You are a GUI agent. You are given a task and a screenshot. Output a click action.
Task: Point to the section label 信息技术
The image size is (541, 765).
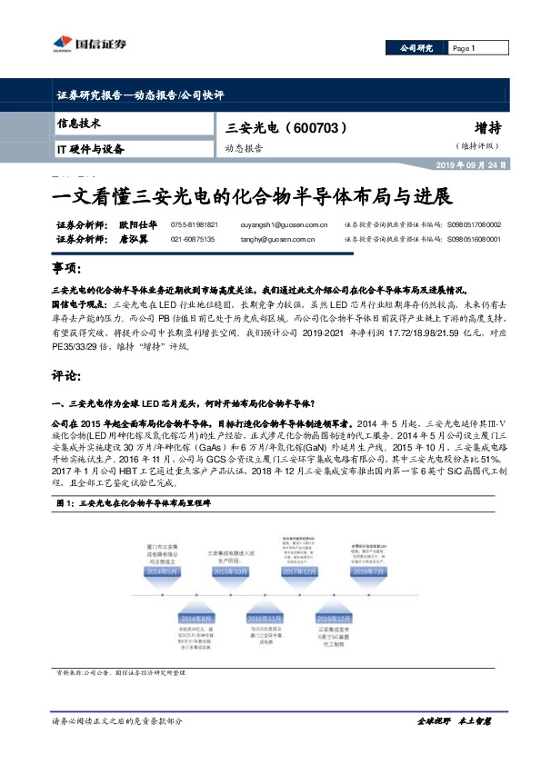tap(79, 123)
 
